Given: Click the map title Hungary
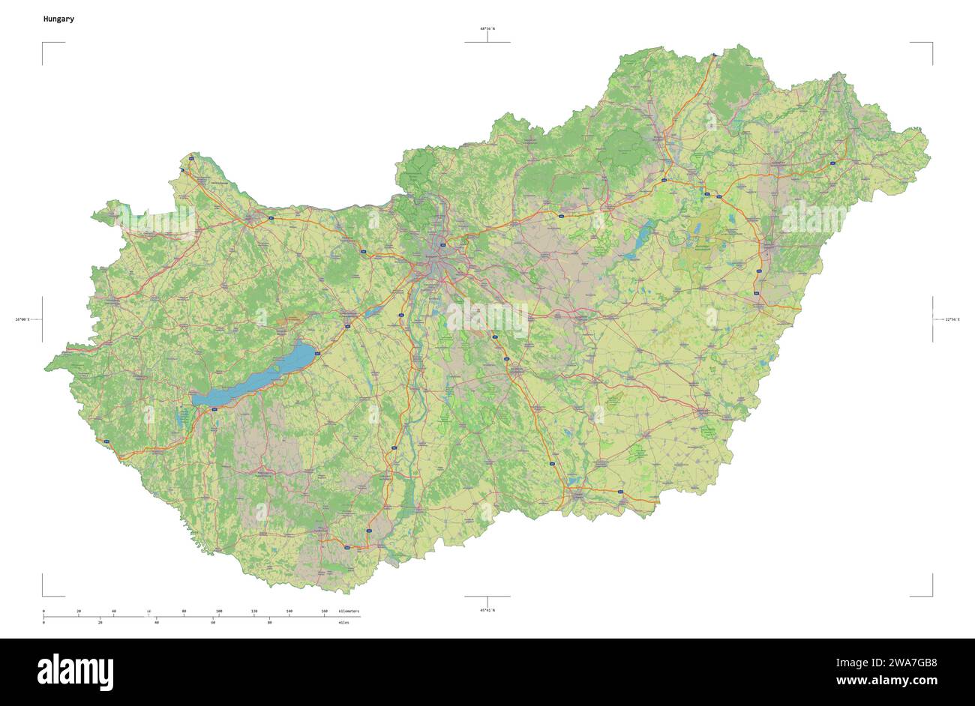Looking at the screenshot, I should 58,18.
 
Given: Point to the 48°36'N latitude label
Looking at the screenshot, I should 487,28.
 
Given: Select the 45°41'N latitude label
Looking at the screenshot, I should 487,610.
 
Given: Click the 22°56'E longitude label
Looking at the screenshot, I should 952,320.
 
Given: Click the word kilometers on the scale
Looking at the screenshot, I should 349,612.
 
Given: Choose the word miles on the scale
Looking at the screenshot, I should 343,623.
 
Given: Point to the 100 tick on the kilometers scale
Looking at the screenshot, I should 218,612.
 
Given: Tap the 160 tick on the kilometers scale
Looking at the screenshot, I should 324,612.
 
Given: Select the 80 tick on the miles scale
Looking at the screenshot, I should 269,623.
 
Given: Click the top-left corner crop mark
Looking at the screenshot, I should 43,43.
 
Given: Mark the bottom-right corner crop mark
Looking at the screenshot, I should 931,595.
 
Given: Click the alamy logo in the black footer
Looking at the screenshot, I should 75,672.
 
